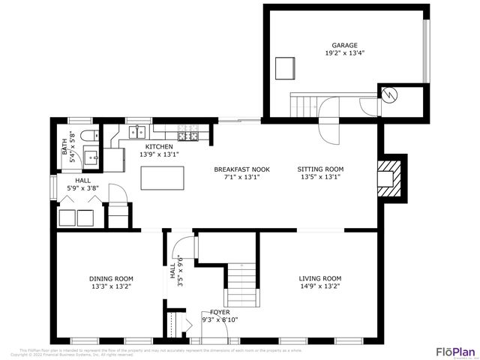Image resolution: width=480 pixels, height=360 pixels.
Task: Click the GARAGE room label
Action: [x=346, y=45]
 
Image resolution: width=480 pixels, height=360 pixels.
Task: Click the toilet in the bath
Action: [x=88, y=136]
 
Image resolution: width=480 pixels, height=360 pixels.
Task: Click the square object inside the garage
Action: [x=285, y=67]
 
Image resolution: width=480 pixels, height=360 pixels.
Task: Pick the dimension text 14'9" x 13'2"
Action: [x=320, y=286]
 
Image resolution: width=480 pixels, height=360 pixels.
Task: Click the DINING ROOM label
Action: [x=110, y=277]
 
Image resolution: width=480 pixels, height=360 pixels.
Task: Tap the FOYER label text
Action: [x=220, y=311]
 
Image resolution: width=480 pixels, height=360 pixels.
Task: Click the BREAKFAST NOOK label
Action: [x=241, y=169]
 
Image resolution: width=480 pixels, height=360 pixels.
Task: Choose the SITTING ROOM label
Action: [x=320, y=169]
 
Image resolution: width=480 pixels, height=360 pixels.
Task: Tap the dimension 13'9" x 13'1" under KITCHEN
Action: [x=159, y=154]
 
